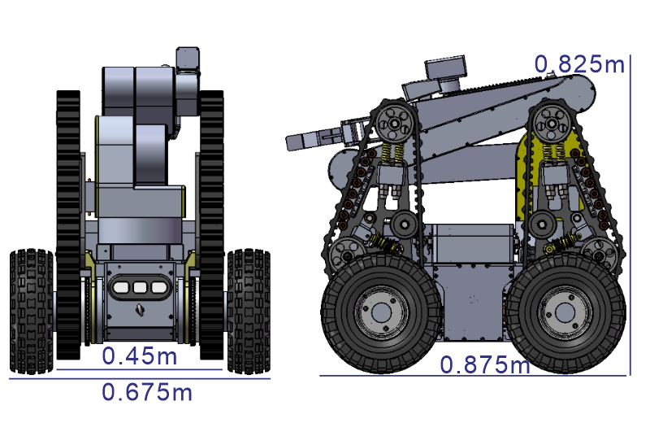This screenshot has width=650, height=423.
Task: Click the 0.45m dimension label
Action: [139, 356]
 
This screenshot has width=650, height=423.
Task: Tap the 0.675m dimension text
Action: [147, 392]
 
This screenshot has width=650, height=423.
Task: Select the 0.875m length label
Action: [484, 365]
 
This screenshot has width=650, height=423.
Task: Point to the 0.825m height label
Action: [579, 64]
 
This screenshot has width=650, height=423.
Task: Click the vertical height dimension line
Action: [630, 215]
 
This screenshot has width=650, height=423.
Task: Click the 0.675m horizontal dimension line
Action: [140, 378]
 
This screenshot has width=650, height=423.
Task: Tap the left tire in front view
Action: [32, 312]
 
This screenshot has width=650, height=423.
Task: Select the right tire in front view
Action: [249, 312]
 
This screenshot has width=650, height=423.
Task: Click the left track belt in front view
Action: [68, 225]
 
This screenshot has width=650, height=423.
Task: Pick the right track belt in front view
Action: [211, 225]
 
